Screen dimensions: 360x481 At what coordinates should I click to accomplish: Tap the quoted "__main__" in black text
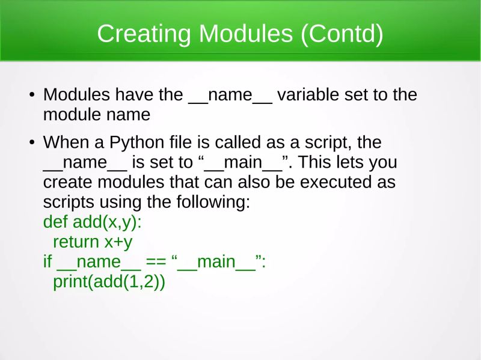[x=245, y=163]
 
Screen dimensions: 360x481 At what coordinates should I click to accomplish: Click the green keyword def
[x=55, y=222]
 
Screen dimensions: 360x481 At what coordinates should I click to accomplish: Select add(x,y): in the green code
[x=107, y=222]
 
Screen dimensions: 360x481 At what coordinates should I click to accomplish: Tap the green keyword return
[x=76, y=242]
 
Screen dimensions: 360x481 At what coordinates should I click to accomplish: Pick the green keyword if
[x=47, y=261]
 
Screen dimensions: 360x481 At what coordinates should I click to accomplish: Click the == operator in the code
[x=156, y=261]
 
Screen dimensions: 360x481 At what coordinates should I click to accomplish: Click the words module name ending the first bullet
[x=96, y=114]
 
